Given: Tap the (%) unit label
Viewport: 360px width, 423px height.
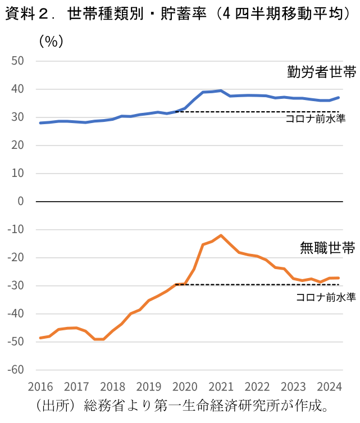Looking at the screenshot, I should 51,41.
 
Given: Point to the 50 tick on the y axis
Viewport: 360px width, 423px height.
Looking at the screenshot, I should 19,61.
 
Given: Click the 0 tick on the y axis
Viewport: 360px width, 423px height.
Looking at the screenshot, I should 22,201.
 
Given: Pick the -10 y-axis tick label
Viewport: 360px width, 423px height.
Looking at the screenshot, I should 16,229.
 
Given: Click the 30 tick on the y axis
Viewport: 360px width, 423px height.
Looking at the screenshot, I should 19,117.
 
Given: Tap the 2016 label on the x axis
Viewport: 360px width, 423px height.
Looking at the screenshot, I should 40,387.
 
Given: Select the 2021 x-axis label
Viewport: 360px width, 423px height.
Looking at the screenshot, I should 221,387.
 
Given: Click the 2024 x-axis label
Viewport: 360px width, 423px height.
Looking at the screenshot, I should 329,387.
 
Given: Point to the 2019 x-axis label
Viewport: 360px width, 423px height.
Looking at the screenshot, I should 148,387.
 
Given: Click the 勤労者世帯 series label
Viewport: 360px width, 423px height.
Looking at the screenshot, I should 321,72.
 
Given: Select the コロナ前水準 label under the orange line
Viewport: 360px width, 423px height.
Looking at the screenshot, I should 326,297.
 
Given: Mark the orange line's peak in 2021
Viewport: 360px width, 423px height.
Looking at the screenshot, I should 221,235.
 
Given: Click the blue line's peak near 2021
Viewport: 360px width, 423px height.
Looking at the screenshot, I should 221,90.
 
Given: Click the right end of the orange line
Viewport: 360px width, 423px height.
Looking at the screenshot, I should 338,278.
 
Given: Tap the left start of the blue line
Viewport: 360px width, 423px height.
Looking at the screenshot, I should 40,122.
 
